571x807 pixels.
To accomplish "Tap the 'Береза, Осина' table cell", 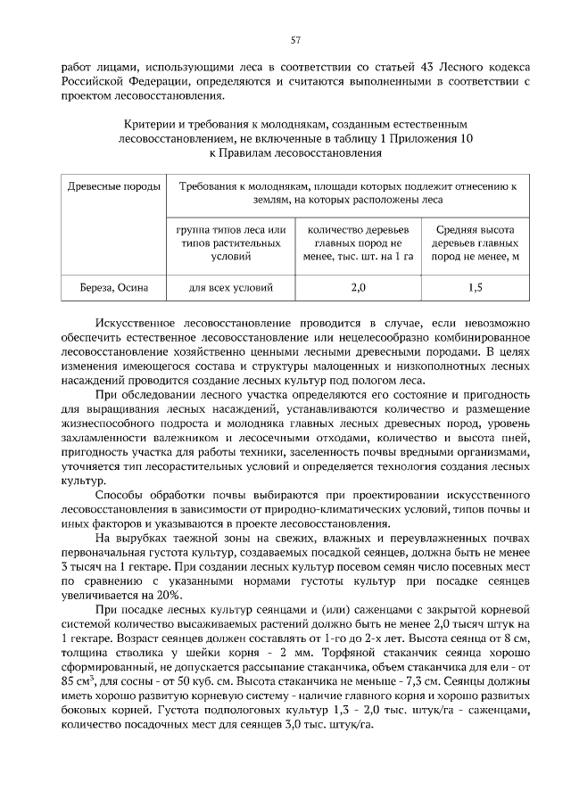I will (111, 288).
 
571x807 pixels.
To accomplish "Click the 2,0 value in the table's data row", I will (358, 288).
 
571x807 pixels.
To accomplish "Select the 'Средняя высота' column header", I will (475, 229).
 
